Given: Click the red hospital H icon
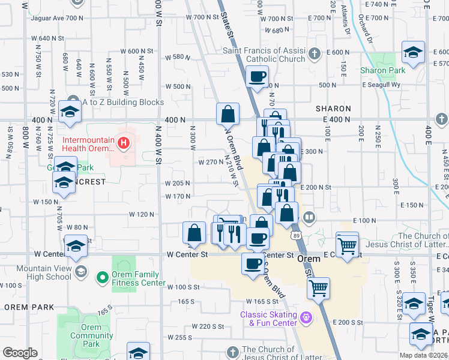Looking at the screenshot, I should click(x=123, y=143).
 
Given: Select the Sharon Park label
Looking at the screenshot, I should click(x=382, y=70).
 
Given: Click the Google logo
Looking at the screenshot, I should click(x=20, y=353).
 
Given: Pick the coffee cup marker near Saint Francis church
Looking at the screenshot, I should click(x=257, y=77).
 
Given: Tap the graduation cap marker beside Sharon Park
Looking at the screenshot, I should click(x=413, y=52).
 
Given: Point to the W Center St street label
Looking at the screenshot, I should click(x=187, y=254).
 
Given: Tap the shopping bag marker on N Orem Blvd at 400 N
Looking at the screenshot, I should click(x=228, y=113).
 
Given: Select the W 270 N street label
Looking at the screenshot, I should click(x=211, y=162).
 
